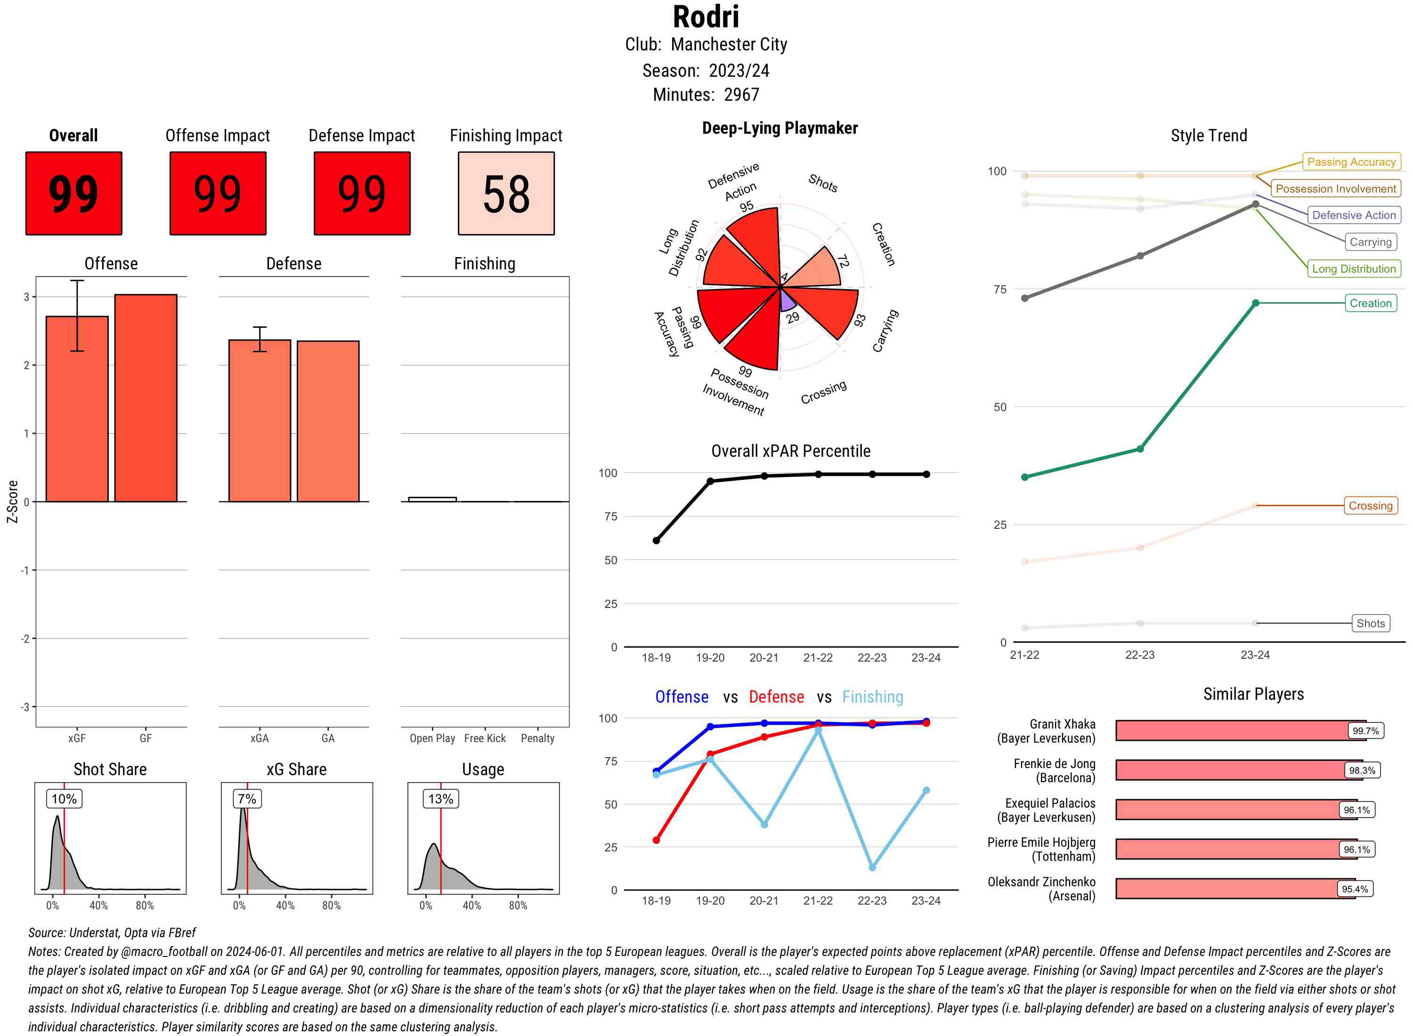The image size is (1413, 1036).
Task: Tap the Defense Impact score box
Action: pyautogui.click(x=362, y=193)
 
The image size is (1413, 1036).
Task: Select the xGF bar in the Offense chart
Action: pyautogui.click(x=77, y=408)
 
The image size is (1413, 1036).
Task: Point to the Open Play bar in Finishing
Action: pyautogui.click(x=432, y=499)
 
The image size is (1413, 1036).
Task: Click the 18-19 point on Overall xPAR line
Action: pyautogui.click(x=656, y=541)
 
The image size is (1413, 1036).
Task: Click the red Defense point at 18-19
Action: pyautogui.click(x=656, y=840)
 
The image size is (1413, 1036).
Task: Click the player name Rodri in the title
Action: pyautogui.click(x=706, y=17)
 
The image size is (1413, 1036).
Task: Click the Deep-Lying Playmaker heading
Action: pyautogui.click(x=780, y=129)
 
